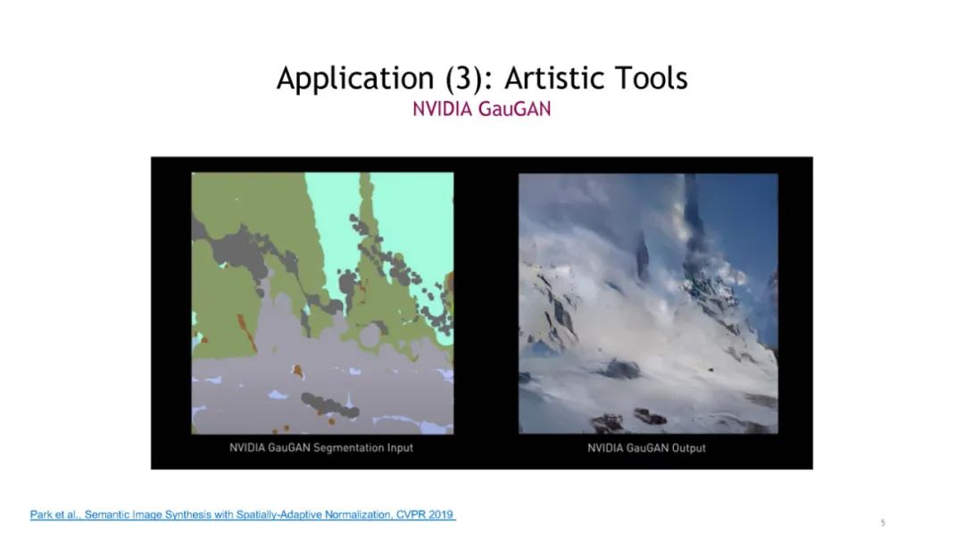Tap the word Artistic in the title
[x=553, y=78]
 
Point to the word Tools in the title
[x=651, y=78]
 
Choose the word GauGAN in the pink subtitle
[x=515, y=109]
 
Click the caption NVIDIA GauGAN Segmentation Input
[x=321, y=447]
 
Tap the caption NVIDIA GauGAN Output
[x=646, y=447]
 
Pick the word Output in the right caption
[x=688, y=447]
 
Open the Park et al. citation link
[x=243, y=514]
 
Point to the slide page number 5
[x=883, y=522]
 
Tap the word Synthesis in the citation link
[x=192, y=514]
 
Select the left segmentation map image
[x=323, y=303]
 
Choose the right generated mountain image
[x=648, y=303]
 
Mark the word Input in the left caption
[x=400, y=447]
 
